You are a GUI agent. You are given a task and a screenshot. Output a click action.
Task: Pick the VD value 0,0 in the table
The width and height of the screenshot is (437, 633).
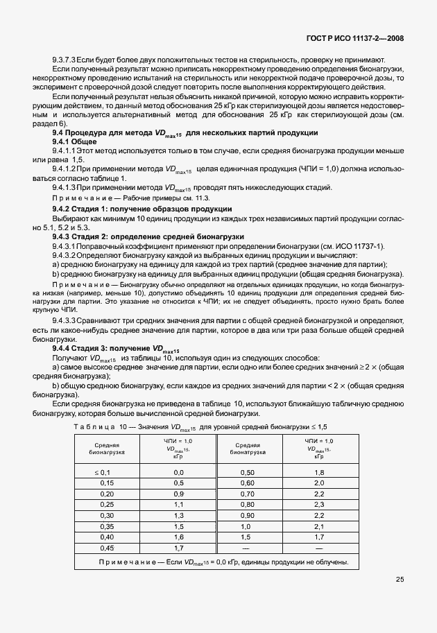178,471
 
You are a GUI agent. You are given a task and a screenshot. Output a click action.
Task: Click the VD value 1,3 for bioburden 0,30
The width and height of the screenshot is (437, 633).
178,516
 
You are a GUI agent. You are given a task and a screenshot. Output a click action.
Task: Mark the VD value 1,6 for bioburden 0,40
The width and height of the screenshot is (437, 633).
178,537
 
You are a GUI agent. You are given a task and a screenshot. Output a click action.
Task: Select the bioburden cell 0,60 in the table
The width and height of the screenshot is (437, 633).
247,483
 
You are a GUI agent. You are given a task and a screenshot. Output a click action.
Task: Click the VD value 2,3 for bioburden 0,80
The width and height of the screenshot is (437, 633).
319,505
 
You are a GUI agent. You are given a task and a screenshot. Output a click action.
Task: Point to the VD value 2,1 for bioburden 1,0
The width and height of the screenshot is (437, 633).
319,527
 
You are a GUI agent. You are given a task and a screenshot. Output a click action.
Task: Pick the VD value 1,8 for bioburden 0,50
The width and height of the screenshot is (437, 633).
319,471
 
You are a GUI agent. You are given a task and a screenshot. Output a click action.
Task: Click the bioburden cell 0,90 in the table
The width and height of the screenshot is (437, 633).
247,516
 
